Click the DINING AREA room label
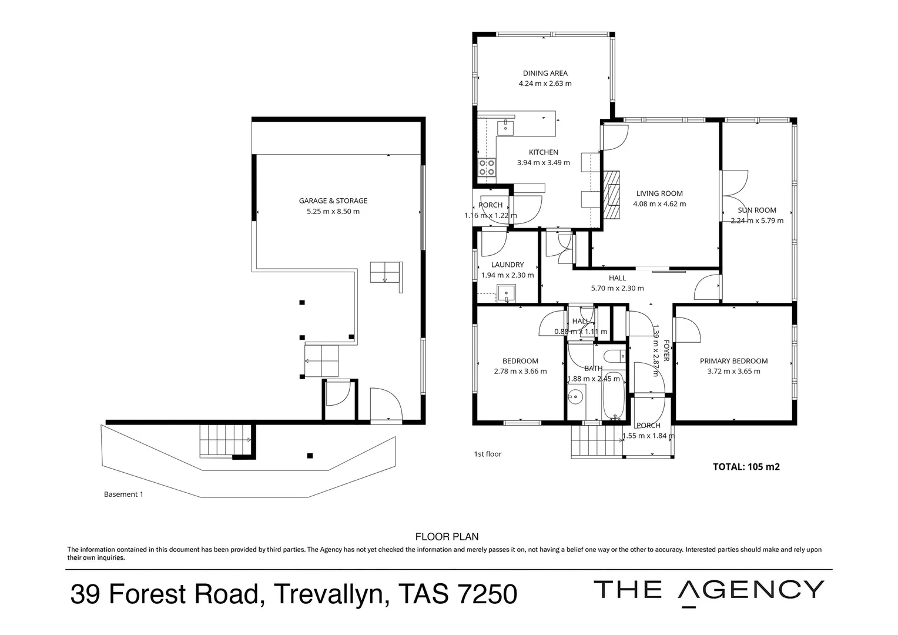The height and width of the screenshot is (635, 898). [x=545, y=73]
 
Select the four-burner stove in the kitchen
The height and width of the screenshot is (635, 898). [x=486, y=168]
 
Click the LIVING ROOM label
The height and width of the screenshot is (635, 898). [x=659, y=193]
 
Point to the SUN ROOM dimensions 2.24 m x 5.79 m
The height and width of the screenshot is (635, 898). [x=757, y=220]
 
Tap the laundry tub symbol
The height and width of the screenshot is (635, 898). [x=505, y=293]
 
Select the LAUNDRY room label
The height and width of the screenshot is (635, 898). [x=507, y=265]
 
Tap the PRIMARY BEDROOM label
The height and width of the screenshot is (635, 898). [x=733, y=361]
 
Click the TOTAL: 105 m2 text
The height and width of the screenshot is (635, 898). [x=746, y=467]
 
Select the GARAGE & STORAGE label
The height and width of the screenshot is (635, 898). [x=333, y=201]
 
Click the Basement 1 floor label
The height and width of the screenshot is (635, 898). [x=123, y=494]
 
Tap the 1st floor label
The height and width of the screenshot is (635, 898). [x=487, y=454]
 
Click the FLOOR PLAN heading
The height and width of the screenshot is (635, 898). [x=447, y=536]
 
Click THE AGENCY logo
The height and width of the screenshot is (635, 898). [x=708, y=590]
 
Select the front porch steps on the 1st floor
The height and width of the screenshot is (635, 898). [x=596, y=441]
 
